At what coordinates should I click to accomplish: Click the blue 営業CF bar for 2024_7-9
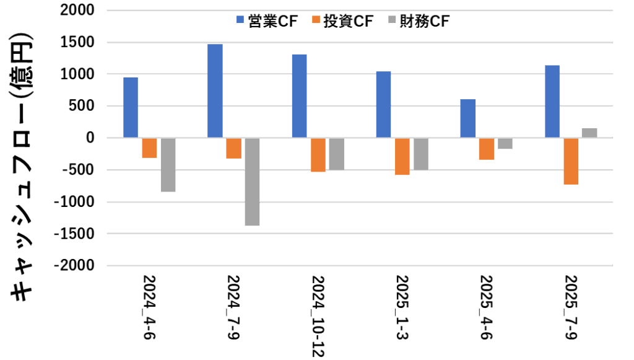(215, 90)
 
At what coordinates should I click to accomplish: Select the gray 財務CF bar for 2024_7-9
(252, 182)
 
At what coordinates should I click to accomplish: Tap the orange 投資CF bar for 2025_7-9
(571, 161)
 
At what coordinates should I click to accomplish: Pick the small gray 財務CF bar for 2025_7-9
(589, 133)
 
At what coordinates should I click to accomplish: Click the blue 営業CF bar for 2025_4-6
(467, 118)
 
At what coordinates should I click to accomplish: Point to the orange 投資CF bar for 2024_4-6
(149, 147)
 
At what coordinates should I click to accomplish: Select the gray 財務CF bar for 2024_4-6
(168, 165)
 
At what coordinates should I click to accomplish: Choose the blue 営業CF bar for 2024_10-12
(300, 96)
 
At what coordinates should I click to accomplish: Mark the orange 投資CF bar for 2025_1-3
(402, 156)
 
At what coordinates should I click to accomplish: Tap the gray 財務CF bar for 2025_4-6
(505, 143)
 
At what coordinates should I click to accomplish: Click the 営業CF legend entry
(267, 21)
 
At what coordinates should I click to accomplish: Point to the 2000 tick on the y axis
(77, 10)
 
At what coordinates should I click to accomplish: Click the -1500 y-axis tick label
(74, 234)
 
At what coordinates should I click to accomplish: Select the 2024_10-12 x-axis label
(317, 316)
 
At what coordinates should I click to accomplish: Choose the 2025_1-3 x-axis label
(402, 307)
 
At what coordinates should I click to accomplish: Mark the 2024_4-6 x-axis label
(149, 307)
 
